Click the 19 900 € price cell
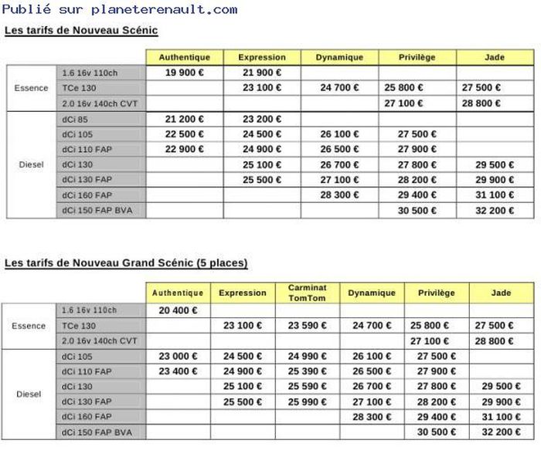pyautogui.click(x=185, y=73)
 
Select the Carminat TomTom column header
pyautogui.click(x=307, y=293)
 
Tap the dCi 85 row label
pyautogui.click(x=74, y=119)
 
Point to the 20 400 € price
pyautogui.click(x=178, y=310)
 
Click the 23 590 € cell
pyautogui.click(x=307, y=326)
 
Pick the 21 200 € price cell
pyautogui.click(x=185, y=119)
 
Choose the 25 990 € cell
pyautogui.click(x=307, y=402)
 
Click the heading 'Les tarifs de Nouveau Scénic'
pyautogui.click(x=81, y=30)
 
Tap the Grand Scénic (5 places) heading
pyautogui.click(x=126, y=263)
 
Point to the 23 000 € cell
pyautogui.click(x=178, y=357)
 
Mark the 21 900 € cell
pyautogui.click(x=262, y=73)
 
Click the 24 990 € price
pyautogui.click(x=307, y=357)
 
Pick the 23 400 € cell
pyautogui.click(x=178, y=371)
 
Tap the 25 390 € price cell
pyautogui.click(x=307, y=371)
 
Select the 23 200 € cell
pyautogui.click(x=262, y=119)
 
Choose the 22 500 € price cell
pyautogui.click(x=185, y=134)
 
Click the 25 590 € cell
pyautogui.click(x=307, y=387)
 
